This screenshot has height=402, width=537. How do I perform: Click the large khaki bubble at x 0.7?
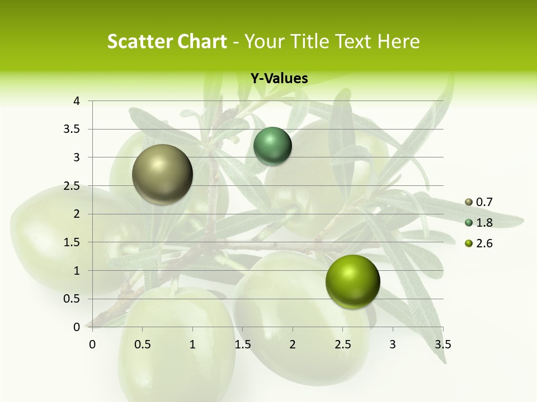tap(162, 174)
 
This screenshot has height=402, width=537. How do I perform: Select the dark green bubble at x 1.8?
tap(272, 146)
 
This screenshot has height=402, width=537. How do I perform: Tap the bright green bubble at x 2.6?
tap(352, 281)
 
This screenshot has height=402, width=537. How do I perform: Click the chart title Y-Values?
tap(279, 79)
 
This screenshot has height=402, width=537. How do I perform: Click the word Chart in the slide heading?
tap(200, 41)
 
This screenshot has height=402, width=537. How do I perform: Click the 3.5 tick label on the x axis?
tap(442, 344)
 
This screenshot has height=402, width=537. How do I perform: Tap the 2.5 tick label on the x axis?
tap(342, 344)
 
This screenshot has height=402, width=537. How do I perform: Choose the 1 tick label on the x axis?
tap(192, 344)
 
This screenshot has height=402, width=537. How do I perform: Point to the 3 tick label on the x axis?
tap(393, 344)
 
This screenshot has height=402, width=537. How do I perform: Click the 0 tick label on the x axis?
tap(92, 344)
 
